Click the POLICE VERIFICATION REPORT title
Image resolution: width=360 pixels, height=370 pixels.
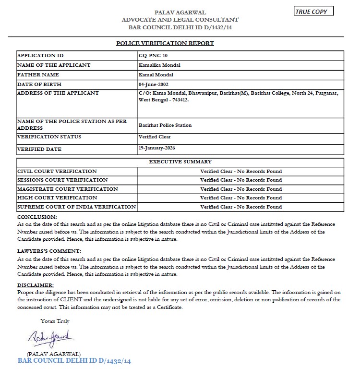click(x=165, y=43)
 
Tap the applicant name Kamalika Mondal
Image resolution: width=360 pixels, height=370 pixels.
click(x=159, y=65)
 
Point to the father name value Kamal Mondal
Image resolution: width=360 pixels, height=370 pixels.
click(x=156, y=74)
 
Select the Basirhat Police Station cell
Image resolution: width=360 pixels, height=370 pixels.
click(x=165, y=125)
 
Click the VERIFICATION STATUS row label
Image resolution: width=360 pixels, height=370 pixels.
click(x=49, y=137)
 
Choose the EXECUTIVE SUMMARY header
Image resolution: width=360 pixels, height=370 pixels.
click(x=180, y=162)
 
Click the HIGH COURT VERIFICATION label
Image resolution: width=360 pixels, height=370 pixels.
click(x=57, y=197)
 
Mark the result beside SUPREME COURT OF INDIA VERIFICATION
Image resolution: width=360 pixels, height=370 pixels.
click(x=241, y=207)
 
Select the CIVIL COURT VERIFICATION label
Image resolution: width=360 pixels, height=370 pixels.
click(x=57, y=171)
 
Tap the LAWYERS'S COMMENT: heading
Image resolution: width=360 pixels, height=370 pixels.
click(x=49, y=251)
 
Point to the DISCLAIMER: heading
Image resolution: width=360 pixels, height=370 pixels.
click(x=35, y=284)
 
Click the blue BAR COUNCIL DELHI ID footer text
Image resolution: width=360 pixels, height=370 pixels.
click(x=74, y=360)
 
